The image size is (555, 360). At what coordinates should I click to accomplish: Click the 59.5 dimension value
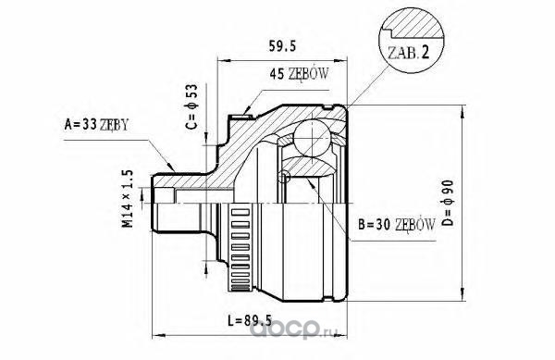282,46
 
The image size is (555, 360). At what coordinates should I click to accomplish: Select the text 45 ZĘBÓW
299,74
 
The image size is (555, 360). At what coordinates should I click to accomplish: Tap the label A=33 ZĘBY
96,124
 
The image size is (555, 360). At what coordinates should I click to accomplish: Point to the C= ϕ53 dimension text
191,106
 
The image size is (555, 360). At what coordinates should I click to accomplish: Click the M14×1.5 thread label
128,199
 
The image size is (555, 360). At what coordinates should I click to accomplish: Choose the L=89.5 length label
250,321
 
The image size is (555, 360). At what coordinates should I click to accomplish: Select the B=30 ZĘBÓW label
397,224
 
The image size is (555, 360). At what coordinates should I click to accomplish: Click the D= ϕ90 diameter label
448,203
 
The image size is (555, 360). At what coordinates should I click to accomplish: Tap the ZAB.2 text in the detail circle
409,53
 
